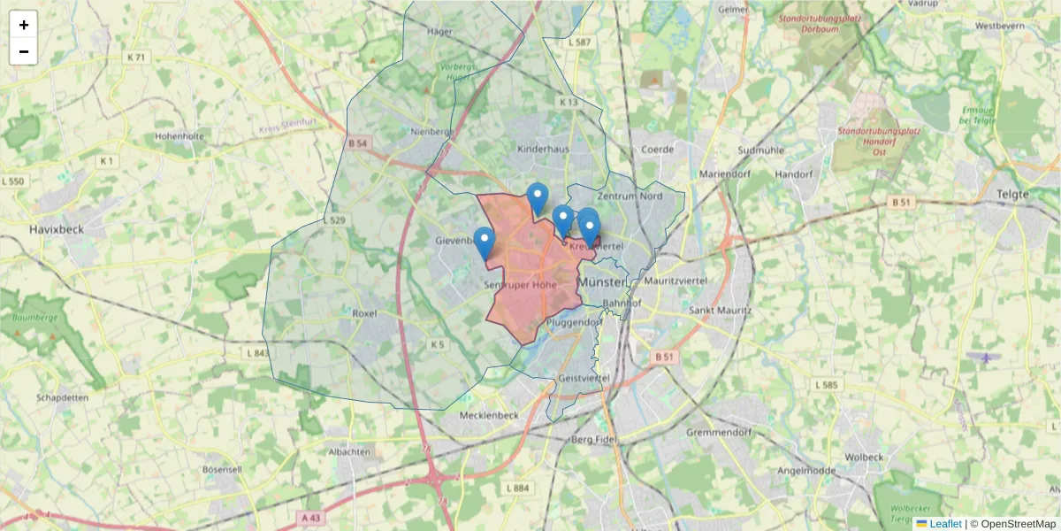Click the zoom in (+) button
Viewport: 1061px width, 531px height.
point(24,25)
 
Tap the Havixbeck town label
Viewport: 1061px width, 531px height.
point(56,228)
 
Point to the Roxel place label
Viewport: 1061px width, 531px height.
point(364,313)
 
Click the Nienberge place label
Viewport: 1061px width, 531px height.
point(432,132)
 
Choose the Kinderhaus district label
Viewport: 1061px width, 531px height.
point(543,150)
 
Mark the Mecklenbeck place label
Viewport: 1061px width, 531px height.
point(488,415)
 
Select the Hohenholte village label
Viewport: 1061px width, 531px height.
point(179,136)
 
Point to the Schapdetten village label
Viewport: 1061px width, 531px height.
point(63,397)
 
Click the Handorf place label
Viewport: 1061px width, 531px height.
point(793,174)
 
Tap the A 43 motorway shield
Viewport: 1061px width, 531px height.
point(310,517)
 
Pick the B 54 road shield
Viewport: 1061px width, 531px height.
point(357,143)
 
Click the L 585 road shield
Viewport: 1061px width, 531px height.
point(828,385)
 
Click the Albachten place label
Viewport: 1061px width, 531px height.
point(349,451)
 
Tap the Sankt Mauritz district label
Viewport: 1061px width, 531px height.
point(720,311)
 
